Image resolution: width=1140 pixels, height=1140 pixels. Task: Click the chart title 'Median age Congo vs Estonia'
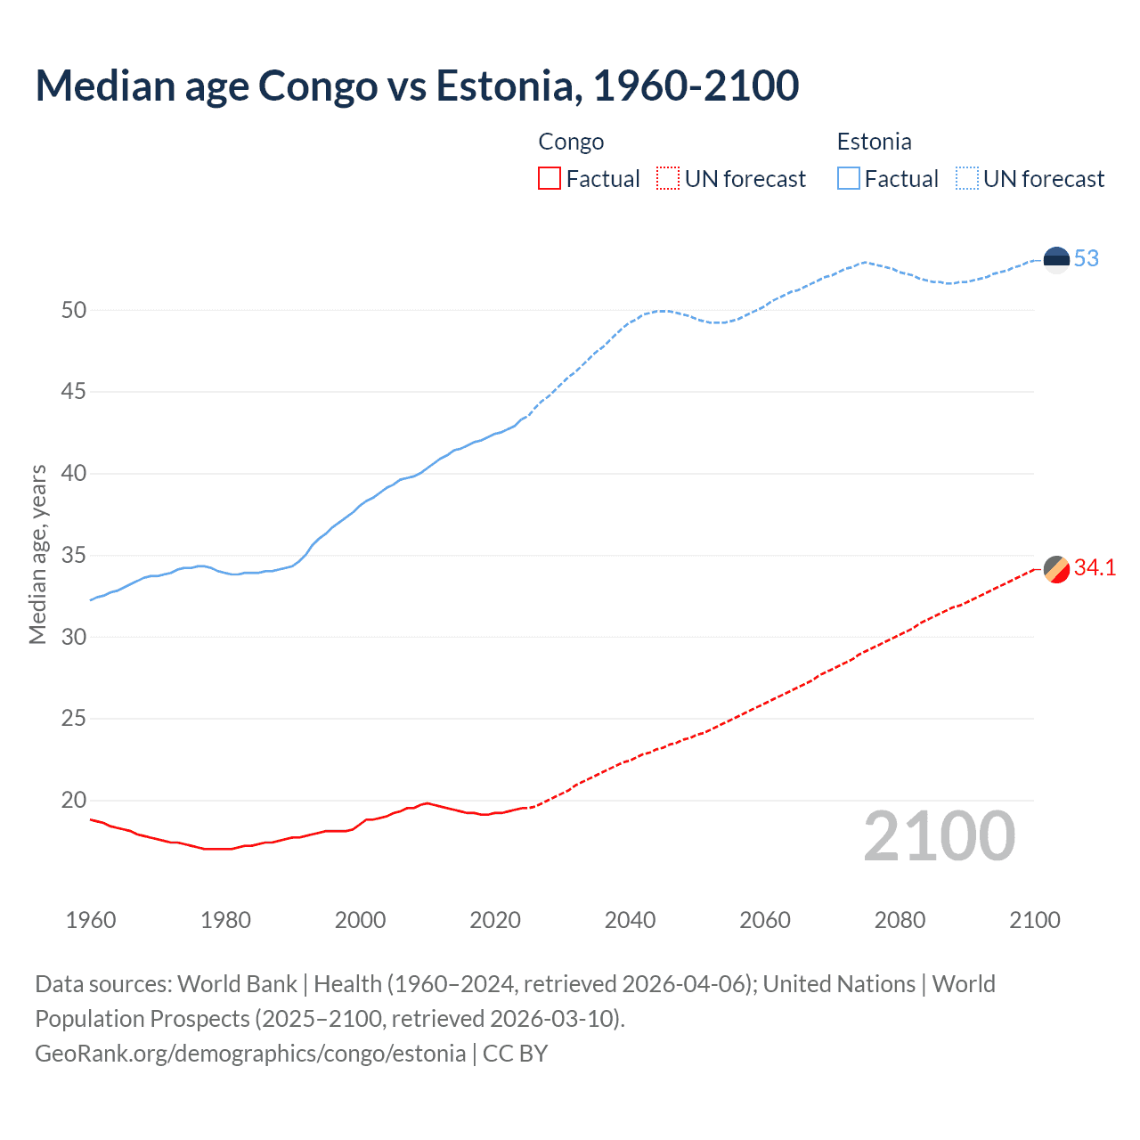pyautogui.click(x=417, y=85)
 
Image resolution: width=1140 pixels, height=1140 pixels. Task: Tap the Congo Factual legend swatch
pyautogui.click(x=550, y=179)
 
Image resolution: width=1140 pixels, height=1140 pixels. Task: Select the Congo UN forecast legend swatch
pyautogui.click(x=668, y=179)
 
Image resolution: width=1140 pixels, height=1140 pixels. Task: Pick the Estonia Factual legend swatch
pyautogui.click(x=849, y=179)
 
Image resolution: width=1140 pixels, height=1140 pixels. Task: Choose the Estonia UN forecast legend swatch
pyautogui.click(x=967, y=179)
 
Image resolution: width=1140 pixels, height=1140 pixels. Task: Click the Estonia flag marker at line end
pyautogui.click(x=1056, y=259)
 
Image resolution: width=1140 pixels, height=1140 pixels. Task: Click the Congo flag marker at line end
pyautogui.click(x=1056, y=568)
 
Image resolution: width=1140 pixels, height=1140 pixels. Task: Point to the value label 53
pyautogui.click(x=1087, y=259)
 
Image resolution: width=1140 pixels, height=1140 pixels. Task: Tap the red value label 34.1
pyautogui.click(x=1095, y=568)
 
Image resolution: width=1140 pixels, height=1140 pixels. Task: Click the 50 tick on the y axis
pyautogui.click(x=74, y=311)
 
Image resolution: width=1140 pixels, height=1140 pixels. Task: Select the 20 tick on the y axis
pyautogui.click(x=74, y=800)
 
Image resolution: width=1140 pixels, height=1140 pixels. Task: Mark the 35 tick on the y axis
pyautogui.click(x=74, y=556)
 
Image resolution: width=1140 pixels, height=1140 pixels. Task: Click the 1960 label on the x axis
pyautogui.click(x=91, y=920)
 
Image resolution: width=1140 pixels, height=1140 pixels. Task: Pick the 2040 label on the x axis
pyautogui.click(x=630, y=920)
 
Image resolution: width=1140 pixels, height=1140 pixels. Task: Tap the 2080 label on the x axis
pyautogui.click(x=900, y=920)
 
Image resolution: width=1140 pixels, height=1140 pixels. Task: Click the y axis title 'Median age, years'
pyautogui.click(x=38, y=554)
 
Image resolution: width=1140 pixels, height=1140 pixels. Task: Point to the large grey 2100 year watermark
pyautogui.click(x=939, y=836)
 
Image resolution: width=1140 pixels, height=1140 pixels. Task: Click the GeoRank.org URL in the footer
pyautogui.click(x=250, y=1054)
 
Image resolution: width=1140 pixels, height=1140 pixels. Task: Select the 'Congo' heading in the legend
pyautogui.click(x=571, y=142)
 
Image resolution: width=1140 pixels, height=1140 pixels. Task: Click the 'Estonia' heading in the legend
pyautogui.click(x=874, y=142)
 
